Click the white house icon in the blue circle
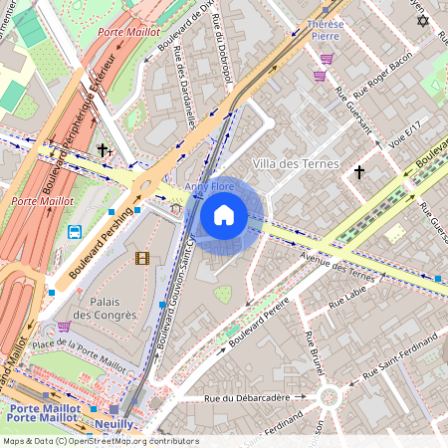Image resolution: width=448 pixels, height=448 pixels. [224, 215]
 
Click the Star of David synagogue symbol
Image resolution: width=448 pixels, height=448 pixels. [421, 20]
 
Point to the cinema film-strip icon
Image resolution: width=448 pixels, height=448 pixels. [141, 259]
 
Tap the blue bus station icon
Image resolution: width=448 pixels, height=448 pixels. [75, 232]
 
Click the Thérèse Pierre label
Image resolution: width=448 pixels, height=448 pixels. [326, 29]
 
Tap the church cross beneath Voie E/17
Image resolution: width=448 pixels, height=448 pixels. [359, 172]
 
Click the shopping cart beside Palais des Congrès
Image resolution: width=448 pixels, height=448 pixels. [65, 327]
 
